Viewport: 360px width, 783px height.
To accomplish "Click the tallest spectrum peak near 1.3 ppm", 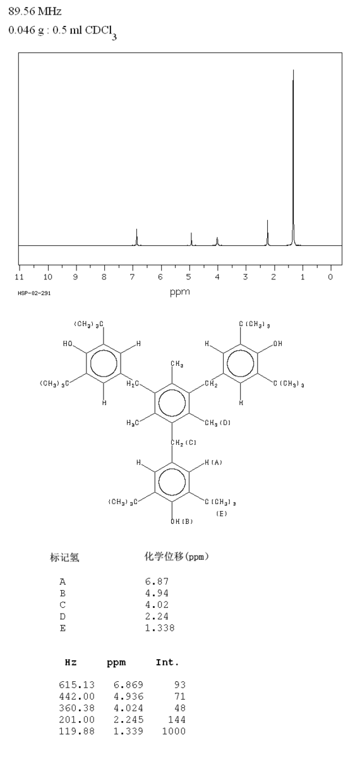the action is coord(293,157).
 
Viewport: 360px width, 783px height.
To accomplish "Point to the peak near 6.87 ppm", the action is coord(136,237).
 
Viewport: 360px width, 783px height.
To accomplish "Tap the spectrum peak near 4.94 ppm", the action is coord(191,239).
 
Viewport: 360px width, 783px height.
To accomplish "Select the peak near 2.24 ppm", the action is coord(267,233).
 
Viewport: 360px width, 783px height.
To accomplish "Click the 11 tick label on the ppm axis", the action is coord(20,277).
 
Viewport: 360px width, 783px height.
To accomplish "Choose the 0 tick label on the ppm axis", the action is coord(330,277).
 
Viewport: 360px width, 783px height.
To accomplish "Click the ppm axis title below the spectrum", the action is coord(180,292).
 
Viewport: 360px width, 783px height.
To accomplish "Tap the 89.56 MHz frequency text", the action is coord(35,11).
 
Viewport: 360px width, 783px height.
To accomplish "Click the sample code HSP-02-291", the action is coord(34,293).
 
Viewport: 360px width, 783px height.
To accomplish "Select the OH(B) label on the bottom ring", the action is coord(181,521).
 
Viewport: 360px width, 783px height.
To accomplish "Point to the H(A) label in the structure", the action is coord(213,462).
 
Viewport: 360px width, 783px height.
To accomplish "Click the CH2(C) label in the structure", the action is coord(183,442).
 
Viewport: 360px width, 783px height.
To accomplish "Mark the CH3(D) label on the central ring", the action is coord(217,423).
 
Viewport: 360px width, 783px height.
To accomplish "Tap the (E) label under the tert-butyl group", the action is coord(222,514).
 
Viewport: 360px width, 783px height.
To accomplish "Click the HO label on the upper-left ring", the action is coord(68,344).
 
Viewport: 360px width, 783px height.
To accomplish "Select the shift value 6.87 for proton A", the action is coord(157,581).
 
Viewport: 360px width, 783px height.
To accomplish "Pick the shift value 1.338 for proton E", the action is coord(160,628).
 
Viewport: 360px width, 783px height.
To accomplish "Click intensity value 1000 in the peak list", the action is coord(174,731).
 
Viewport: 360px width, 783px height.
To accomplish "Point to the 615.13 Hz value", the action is coord(77,684).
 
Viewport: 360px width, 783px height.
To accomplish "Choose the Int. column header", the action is coord(167,662).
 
